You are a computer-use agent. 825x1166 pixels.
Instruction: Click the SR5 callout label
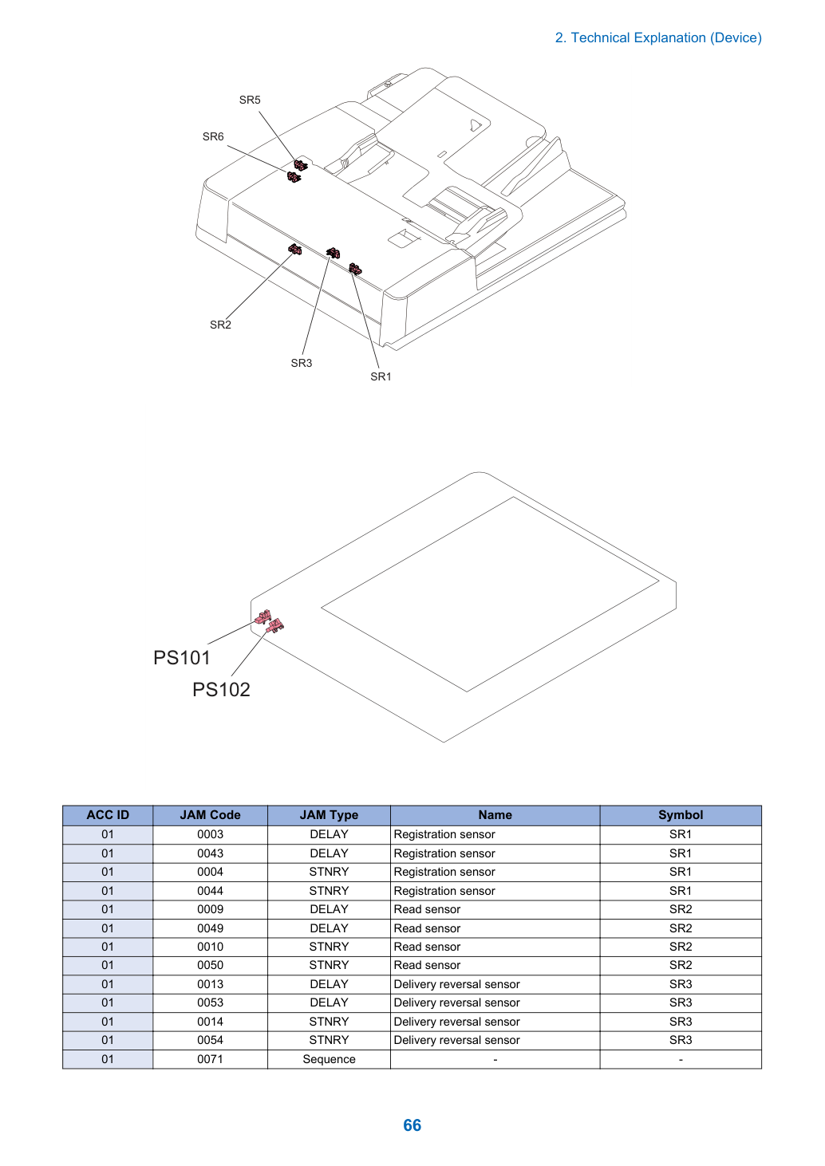(x=250, y=100)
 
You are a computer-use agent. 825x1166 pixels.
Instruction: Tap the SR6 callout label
(x=213, y=136)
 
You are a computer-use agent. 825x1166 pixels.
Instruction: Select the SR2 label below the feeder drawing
(x=220, y=325)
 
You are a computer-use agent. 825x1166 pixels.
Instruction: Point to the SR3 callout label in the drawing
(x=301, y=363)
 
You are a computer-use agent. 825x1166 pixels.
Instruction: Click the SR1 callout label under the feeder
(x=381, y=376)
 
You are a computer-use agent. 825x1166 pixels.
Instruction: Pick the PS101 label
(x=181, y=657)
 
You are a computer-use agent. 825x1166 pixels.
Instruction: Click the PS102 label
(x=221, y=690)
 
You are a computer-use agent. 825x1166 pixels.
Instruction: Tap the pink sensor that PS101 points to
(x=263, y=616)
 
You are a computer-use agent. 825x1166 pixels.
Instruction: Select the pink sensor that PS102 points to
(x=275, y=626)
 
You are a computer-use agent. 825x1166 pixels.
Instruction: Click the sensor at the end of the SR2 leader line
(x=294, y=250)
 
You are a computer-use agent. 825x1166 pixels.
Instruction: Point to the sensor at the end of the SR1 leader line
(x=355, y=269)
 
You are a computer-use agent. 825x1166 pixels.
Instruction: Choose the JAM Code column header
(x=210, y=814)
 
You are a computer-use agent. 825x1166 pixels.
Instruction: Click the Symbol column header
(x=681, y=814)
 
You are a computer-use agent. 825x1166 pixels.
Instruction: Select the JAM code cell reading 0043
(x=210, y=853)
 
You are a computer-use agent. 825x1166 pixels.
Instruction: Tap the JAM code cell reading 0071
(x=210, y=1059)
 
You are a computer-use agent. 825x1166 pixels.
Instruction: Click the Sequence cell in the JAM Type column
(x=329, y=1059)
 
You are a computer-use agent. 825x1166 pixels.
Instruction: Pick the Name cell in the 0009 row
(x=495, y=909)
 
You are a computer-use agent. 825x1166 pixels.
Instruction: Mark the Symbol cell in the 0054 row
(x=681, y=1040)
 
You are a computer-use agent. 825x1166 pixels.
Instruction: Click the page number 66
(x=412, y=1125)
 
